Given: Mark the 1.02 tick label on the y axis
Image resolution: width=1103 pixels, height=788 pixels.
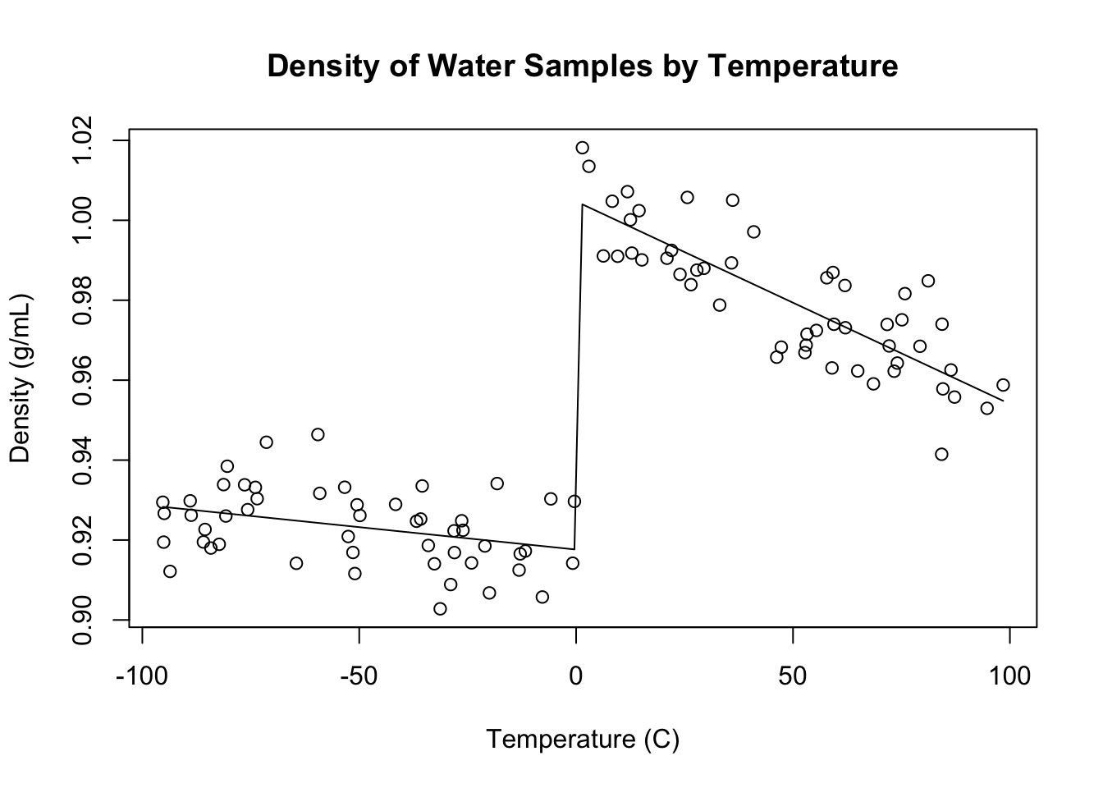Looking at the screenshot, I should point(85,141).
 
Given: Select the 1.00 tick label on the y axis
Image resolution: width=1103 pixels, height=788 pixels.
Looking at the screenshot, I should point(85,221).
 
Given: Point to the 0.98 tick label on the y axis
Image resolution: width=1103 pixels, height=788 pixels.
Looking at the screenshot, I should point(85,300).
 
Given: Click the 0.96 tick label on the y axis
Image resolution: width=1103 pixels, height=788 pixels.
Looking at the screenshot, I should point(85,380).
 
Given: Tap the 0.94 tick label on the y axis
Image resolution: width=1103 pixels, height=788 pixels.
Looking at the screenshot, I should point(85,460).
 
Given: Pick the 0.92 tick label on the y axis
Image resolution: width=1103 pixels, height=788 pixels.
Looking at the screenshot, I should point(85,540).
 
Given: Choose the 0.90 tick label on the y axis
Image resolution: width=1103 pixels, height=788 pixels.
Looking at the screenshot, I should point(85,620).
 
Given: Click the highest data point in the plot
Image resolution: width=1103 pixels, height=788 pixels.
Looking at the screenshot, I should point(583,148).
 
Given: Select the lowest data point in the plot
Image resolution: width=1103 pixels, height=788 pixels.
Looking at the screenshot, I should point(440,608).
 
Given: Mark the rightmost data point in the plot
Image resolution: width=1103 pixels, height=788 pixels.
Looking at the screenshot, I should point(1003,385).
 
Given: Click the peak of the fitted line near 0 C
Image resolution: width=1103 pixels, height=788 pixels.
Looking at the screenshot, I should point(583,204).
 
